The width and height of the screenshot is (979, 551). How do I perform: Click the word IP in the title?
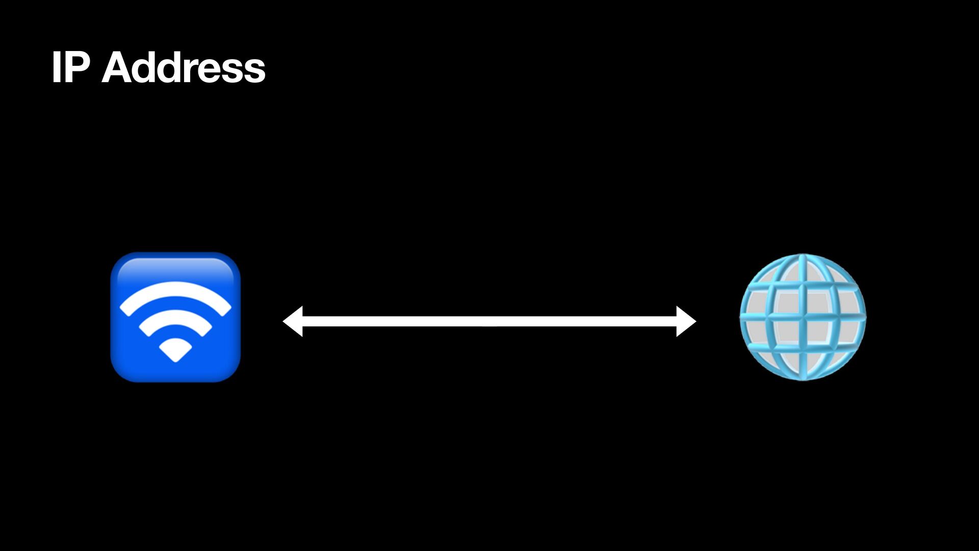pyautogui.click(x=71, y=67)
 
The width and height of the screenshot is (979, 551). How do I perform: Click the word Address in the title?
pyautogui.click(x=184, y=67)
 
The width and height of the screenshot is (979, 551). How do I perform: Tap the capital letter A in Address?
pyautogui.click(x=116, y=67)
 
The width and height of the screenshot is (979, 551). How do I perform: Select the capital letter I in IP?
pyautogui.click(x=56, y=67)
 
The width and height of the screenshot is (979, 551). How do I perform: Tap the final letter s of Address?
pyautogui.click(x=254, y=71)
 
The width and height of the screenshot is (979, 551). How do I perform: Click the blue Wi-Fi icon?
pyautogui.click(x=175, y=317)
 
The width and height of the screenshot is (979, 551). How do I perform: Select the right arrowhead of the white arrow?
pyautogui.click(x=686, y=321)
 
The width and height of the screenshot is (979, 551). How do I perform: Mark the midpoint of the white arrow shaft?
pyautogui.click(x=489, y=321)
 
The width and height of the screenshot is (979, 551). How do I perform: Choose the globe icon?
pyautogui.click(x=803, y=317)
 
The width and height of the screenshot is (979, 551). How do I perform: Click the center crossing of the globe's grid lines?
pyautogui.click(x=803, y=317)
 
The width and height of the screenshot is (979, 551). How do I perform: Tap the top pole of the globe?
pyautogui.click(x=803, y=257)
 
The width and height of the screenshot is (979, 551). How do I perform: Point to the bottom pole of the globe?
pyautogui.click(x=803, y=378)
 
